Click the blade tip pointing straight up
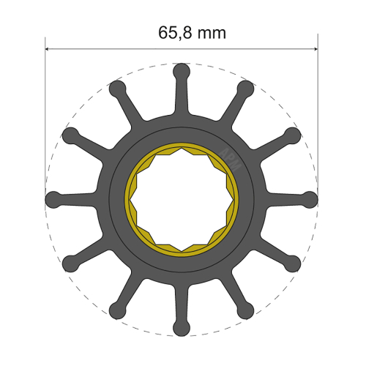tap(182, 72)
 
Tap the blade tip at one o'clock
tap(246, 89)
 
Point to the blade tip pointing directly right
tap(310, 199)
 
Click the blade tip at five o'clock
tap(246, 310)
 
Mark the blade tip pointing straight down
tap(182, 326)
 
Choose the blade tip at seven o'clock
tap(118, 310)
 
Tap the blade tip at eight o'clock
tap(71, 263)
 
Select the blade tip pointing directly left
tap(54, 199)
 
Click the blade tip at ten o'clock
tap(71, 135)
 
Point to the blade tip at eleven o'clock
tap(118, 89)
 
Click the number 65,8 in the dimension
tap(173, 33)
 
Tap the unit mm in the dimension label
tap(212, 34)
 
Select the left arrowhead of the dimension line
tap(49, 49)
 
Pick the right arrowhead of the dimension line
tap(314, 49)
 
